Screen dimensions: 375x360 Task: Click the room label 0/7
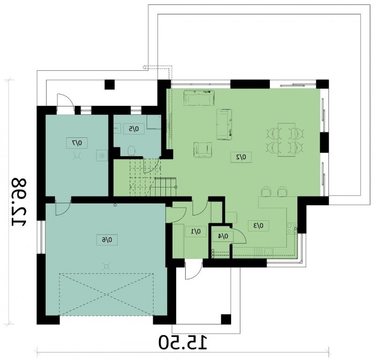tap(77, 143)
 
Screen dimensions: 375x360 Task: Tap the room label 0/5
tap(134, 129)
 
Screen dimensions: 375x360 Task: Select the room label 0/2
tap(241, 157)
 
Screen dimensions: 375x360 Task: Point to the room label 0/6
tap(107, 240)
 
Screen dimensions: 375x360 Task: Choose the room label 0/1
tap(195, 231)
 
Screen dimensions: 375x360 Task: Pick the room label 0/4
tap(223, 236)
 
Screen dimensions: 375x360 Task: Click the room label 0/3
tap(258, 225)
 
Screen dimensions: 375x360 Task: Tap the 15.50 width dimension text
tap(183, 343)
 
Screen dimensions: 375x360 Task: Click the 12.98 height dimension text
tap(19, 202)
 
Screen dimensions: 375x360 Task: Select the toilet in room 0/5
tap(132, 150)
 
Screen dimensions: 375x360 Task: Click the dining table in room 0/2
tap(286, 140)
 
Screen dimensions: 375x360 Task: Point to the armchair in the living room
tap(202, 150)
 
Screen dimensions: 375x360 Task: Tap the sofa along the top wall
tap(199, 98)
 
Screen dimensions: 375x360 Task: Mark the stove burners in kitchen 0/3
tap(292, 228)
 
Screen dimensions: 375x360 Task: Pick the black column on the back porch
tap(110, 84)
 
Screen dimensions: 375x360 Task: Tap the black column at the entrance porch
tap(226, 319)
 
